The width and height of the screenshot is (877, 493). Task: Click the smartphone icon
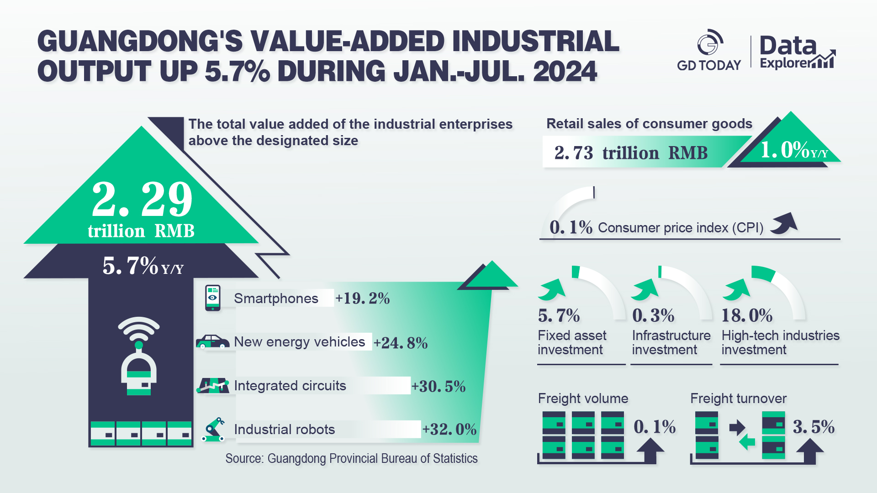click(x=212, y=298)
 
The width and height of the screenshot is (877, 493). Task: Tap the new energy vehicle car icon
click(x=212, y=341)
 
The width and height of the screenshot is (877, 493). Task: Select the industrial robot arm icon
click(x=213, y=430)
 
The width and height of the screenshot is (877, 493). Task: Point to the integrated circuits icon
click(x=213, y=385)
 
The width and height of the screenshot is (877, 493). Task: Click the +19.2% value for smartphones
click(x=362, y=299)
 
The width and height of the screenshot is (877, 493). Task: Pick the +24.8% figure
click(x=401, y=343)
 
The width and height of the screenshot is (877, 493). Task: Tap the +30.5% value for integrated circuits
click(x=438, y=387)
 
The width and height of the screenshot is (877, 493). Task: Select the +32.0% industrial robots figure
click(x=449, y=430)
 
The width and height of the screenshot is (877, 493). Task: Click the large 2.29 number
click(x=142, y=199)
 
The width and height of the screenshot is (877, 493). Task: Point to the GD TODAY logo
click(x=709, y=51)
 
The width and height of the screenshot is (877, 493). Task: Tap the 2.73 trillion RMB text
click(x=630, y=153)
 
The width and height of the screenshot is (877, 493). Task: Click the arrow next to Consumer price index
click(x=784, y=224)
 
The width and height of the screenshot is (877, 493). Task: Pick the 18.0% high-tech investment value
click(x=747, y=315)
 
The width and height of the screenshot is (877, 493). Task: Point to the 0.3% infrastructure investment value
click(x=653, y=315)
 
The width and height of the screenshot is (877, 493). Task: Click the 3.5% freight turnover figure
click(x=814, y=427)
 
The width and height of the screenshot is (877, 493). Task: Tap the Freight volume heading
click(x=583, y=399)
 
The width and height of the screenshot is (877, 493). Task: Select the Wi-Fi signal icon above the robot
click(x=139, y=328)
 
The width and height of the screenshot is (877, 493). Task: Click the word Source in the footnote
click(x=243, y=458)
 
